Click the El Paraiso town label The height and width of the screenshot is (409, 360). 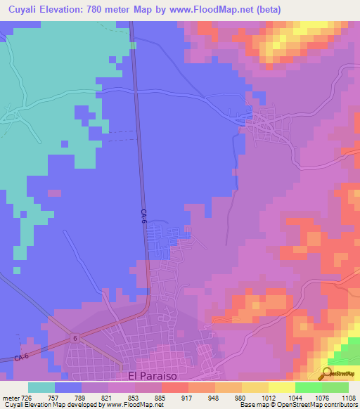(154, 376)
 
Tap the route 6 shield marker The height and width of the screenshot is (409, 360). (74, 339)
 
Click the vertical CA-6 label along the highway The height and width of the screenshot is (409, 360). (143, 217)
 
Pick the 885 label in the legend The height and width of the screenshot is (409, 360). (161, 397)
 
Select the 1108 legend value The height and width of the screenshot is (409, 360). (349, 397)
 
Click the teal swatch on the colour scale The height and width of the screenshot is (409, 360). (41, 387)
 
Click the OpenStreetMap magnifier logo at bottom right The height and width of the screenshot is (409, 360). (327, 373)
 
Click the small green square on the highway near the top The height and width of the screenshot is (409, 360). (133, 46)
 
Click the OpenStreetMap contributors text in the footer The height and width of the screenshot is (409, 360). (316, 405)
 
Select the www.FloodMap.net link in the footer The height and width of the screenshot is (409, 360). (134, 405)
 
